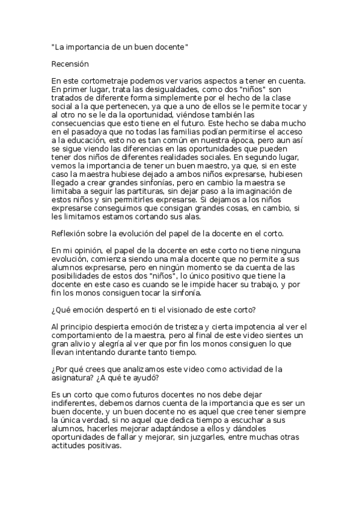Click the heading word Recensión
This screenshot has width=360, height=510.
[70, 63]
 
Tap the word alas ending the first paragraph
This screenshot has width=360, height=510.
[197, 216]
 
